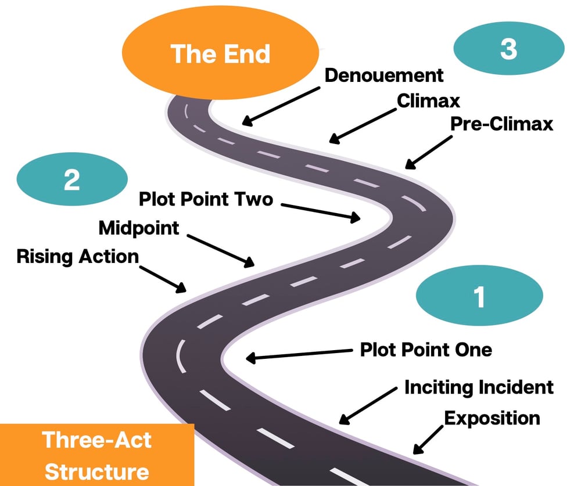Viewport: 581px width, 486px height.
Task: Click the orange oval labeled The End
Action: [x=220, y=53]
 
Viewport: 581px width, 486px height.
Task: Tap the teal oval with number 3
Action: [x=509, y=49]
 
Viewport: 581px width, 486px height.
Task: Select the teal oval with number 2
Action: [x=72, y=179]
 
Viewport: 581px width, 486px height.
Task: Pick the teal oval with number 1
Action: [x=479, y=296]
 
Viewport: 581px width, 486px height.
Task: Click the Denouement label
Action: [x=384, y=75]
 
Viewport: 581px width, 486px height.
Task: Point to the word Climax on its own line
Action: [x=428, y=101]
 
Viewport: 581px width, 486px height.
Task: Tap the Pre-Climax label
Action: [x=501, y=124]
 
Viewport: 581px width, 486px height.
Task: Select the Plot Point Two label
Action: [x=206, y=199]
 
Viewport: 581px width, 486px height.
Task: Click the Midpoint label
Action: [x=139, y=228]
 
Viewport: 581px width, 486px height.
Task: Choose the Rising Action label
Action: [x=78, y=257]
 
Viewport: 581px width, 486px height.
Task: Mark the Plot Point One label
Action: [x=426, y=350]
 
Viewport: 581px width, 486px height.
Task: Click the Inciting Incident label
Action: [x=479, y=387]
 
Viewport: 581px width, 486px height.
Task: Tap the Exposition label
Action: [x=492, y=419]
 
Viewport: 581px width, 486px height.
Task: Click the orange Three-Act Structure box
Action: [x=96, y=455]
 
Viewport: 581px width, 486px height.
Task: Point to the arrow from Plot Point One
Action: [x=299, y=354]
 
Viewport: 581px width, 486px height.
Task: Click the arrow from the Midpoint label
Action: [x=220, y=251]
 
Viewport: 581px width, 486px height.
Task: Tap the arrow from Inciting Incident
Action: [x=368, y=406]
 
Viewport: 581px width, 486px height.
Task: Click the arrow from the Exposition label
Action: [x=428, y=440]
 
